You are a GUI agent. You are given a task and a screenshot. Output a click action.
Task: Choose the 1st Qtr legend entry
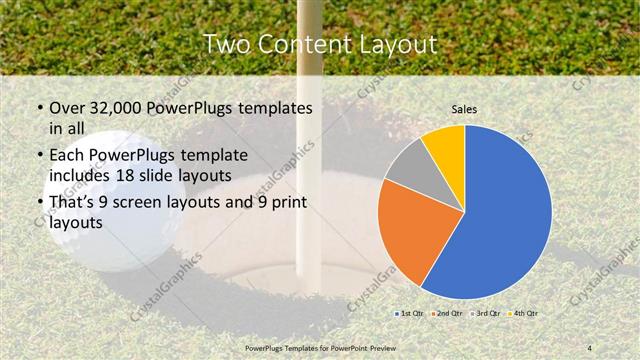point(409,313)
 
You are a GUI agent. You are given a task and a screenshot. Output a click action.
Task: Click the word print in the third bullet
point(289,204)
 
